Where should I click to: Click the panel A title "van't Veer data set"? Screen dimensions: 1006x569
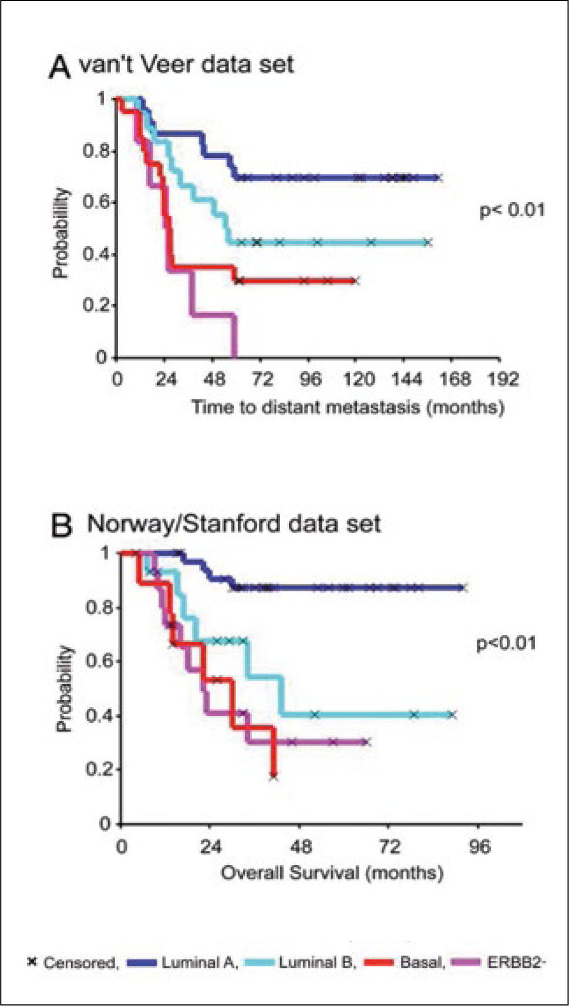(x=186, y=63)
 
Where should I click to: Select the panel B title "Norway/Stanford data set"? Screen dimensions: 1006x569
(x=234, y=523)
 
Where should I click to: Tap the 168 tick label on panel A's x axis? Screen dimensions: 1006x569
(x=456, y=379)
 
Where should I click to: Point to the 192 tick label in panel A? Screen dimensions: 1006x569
(x=503, y=379)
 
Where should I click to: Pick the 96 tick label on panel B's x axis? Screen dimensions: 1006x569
(x=479, y=847)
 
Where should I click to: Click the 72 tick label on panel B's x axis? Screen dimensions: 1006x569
(x=388, y=847)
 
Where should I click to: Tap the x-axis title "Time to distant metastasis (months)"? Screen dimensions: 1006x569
(x=348, y=407)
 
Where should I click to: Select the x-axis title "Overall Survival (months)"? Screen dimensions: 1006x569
(x=332, y=873)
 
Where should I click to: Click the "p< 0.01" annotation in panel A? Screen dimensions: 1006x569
(x=512, y=210)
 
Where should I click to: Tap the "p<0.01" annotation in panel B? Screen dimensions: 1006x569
(x=506, y=643)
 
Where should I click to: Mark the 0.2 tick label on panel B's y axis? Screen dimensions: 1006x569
(x=97, y=769)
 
